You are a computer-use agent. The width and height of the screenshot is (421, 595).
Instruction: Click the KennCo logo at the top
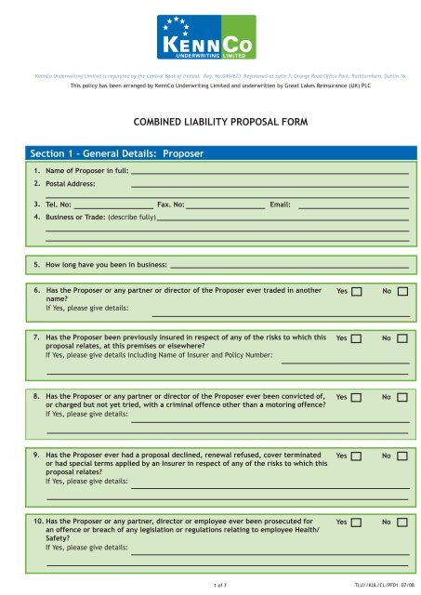click(210, 36)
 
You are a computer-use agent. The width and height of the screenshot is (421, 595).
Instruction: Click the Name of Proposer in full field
click(270, 172)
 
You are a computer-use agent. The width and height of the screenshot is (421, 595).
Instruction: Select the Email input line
click(353, 204)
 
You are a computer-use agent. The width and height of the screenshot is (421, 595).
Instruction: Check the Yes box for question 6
click(356, 292)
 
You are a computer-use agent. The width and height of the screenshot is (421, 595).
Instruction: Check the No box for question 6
click(401, 292)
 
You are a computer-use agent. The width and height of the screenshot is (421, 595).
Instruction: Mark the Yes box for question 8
click(356, 397)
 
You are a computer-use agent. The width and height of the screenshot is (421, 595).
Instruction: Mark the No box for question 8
click(401, 397)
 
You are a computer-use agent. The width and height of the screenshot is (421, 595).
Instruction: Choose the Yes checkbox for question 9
click(356, 456)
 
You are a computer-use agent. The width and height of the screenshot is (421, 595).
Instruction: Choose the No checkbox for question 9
click(401, 456)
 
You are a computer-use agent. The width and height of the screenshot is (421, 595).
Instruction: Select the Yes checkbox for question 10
click(356, 523)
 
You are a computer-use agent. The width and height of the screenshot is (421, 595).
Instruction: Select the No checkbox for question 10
click(401, 523)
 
